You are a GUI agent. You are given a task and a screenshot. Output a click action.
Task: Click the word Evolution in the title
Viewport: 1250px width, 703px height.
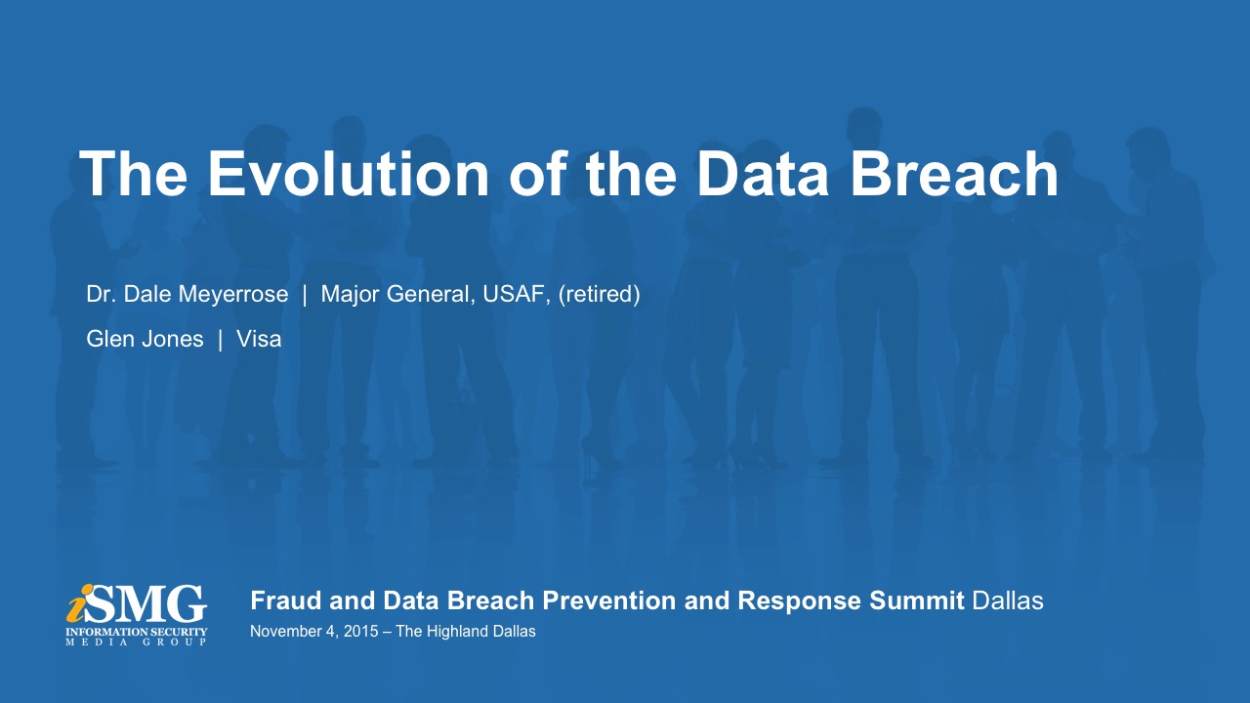click(x=349, y=174)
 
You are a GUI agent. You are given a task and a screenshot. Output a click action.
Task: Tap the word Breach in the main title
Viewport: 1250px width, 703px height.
click(x=954, y=174)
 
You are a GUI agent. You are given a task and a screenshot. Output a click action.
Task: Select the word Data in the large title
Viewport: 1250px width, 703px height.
click(x=763, y=174)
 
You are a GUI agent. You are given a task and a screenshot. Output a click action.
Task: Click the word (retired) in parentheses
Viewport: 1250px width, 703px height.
click(x=599, y=294)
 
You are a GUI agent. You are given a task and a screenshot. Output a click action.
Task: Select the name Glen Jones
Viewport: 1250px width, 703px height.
click(x=145, y=339)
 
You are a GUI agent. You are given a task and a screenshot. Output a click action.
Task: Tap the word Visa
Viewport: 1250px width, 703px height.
click(x=259, y=339)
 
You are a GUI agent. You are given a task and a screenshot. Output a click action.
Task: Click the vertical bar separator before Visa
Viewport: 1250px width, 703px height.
click(x=221, y=339)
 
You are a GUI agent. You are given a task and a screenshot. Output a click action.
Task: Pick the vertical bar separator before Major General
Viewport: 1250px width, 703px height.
click(x=305, y=295)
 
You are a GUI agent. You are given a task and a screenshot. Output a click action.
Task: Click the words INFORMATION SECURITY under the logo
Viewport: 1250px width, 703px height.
click(x=136, y=632)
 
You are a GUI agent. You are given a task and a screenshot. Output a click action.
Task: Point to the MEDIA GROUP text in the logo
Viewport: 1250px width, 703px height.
click(x=136, y=642)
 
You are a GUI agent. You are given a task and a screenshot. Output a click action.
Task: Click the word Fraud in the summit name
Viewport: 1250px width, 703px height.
click(x=286, y=600)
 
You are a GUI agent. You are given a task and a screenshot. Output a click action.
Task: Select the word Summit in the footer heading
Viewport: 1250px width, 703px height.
click(x=916, y=600)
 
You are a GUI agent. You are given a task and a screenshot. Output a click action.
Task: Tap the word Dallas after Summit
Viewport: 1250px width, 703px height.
click(x=1008, y=600)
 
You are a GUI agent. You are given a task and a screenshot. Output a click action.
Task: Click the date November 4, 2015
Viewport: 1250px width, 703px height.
click(x=313, y=632)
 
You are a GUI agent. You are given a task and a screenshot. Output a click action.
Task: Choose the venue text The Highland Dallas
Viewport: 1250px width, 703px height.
click(x=466, y=632)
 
